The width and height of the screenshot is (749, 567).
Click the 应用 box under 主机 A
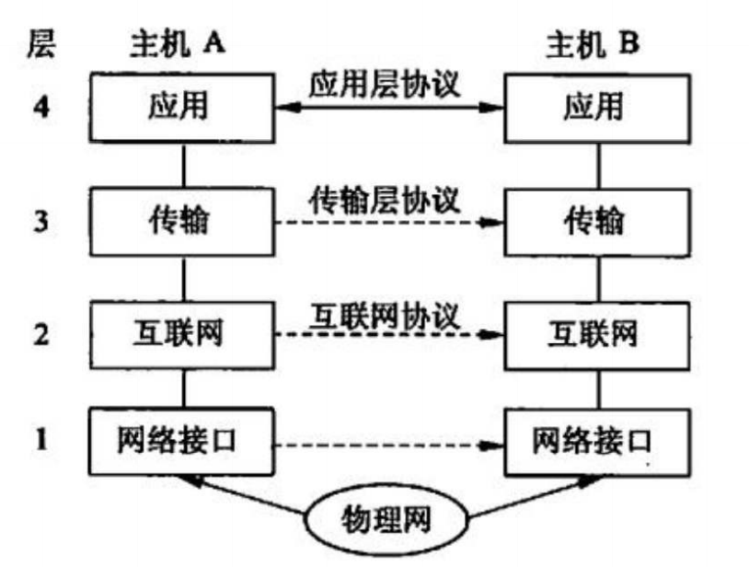pyautogui.click(x=182, y=108)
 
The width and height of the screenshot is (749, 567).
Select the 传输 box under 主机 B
pyautogui.click(x=597, y=222)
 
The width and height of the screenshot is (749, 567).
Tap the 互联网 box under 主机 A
pyautogui.click(x=182, y=334)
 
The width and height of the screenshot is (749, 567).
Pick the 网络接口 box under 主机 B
pyautogui.click(x=597, y=442)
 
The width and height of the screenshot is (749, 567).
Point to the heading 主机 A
pyautogui.click(x=178, y=44)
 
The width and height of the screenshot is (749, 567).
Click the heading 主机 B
pyautogui.click(x=593, y=44)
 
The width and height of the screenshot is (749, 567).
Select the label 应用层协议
pyautogui.click(x=385, y=85)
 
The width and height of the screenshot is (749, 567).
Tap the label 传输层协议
pyautogui.click(x=385, y=200)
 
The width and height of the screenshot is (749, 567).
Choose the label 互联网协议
pyautogui.click(x=385, y=316)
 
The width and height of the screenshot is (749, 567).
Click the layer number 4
pyautogui.click(x=41, y=107)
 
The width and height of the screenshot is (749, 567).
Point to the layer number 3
pyautogui.click(x=41, y=221)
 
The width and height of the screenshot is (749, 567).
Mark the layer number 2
pyautogui.click(x=41, y=334)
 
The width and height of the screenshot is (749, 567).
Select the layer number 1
pyautogui.click(x=42, y=439)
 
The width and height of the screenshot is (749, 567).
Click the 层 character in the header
pyautogui.click(x=41, y=43)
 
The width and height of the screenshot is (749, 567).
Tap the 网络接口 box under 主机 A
pyautogui.click(x=182, y=442)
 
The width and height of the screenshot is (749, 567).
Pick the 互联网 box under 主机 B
pyautogui.click(x=597, y=335)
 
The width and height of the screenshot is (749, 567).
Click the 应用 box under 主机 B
pyautogui.click(x=597, y=108)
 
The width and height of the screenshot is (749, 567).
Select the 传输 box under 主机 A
pyautogui.click(x=182, y=221)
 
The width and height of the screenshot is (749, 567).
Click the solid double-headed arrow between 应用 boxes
pyautogui.click(x=390, y=108)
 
